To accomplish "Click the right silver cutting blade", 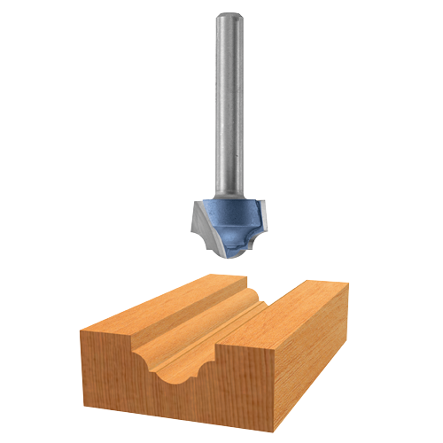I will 260,213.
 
